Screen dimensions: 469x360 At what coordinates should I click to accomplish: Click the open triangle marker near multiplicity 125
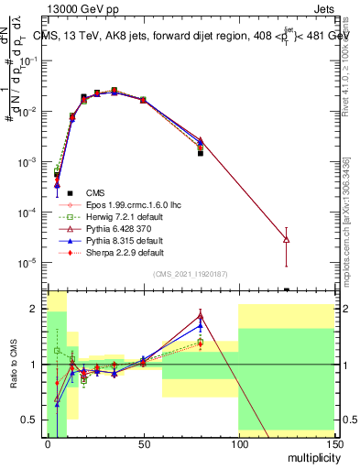point(287,239)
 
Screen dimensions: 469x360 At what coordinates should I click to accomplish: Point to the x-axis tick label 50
point(143,444)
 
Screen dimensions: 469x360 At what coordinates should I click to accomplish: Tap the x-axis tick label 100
point(238,444)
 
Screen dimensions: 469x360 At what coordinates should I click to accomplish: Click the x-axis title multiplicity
point(309,456)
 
